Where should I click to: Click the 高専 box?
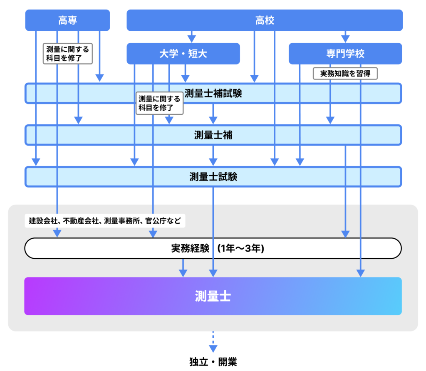point(67,20)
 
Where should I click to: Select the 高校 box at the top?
point(265,20)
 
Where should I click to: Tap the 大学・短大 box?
point(183,54)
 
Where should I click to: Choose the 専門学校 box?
point(345,54)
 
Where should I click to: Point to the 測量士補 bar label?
point(213,135)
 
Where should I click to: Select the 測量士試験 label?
point(213,177)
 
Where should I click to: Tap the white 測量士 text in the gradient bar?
point(213,296)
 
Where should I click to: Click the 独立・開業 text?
point(213,361)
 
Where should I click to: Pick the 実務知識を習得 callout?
point(345,74)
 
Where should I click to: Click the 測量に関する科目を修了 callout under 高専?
point(67,54)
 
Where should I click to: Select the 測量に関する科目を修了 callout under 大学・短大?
point(160,103)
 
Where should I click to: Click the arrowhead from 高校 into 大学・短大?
point(191,39)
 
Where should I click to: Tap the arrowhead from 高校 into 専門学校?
point(344,39)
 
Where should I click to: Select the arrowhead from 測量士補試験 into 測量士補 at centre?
point(213,120)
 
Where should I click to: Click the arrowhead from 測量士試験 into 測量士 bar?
point(213,273)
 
